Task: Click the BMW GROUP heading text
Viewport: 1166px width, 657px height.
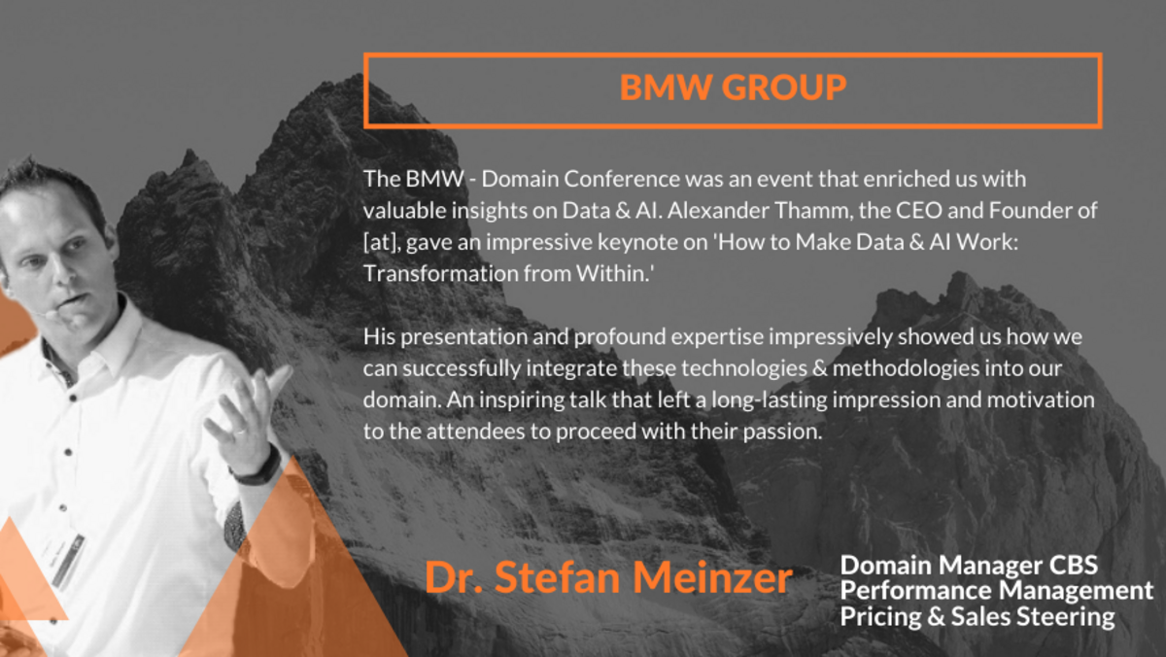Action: click(x=733, y=88)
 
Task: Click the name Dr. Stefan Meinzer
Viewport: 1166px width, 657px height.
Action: click(x=608, y=577)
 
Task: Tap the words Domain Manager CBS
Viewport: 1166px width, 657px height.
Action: click(x=969, y=565)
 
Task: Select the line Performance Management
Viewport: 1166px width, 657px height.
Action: click(x=997, y=590)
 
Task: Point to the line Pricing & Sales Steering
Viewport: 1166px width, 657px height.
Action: click(x=977, y=616)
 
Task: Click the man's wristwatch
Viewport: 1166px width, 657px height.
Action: click(x=257, y=469)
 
